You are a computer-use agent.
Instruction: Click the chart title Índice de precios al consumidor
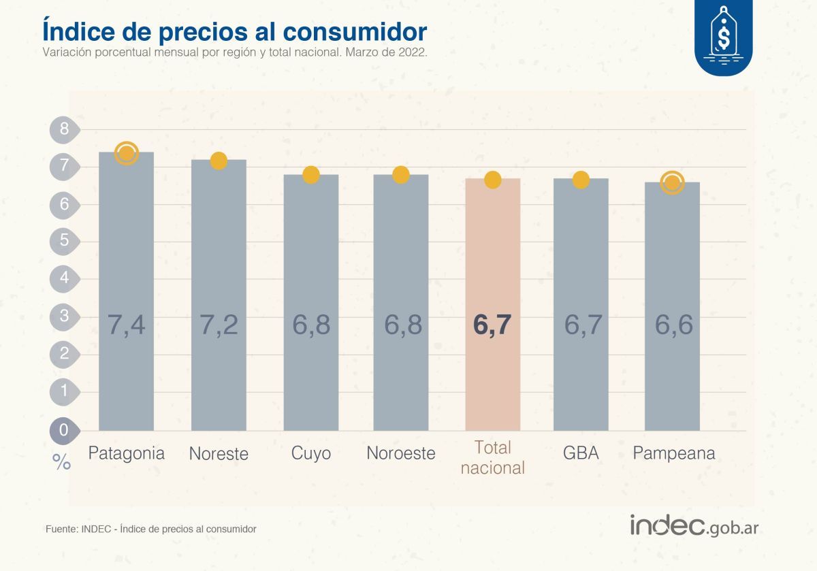[x=235, y=31]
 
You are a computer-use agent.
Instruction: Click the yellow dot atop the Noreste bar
[x=219, y=161]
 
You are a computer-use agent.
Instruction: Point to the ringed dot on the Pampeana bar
[x=672, y=182]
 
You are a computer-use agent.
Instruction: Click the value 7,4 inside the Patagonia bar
[x=127, y=325]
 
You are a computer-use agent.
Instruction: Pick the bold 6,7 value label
[x=492, y=325]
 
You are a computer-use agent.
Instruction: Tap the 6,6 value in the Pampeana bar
[x=673, y=325]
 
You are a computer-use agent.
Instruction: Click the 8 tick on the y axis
[x=65, y=129]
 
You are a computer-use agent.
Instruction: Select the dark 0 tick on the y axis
[x=64, y=429]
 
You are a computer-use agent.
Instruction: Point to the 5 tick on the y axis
[x=65, y=240]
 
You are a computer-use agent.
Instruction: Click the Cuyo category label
[x=310, y=453]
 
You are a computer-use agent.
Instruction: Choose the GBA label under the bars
[x=581, y=453]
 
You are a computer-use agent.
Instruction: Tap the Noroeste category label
[x=400, y=453]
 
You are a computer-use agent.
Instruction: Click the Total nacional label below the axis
[x=492, y=457]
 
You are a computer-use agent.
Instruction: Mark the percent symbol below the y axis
[x=61, y=463]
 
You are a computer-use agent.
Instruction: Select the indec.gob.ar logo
[x=703, y=525]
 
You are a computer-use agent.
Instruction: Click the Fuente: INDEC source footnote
[x=150, y=529]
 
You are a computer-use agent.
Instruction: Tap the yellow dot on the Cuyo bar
[x=310, y=175]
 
